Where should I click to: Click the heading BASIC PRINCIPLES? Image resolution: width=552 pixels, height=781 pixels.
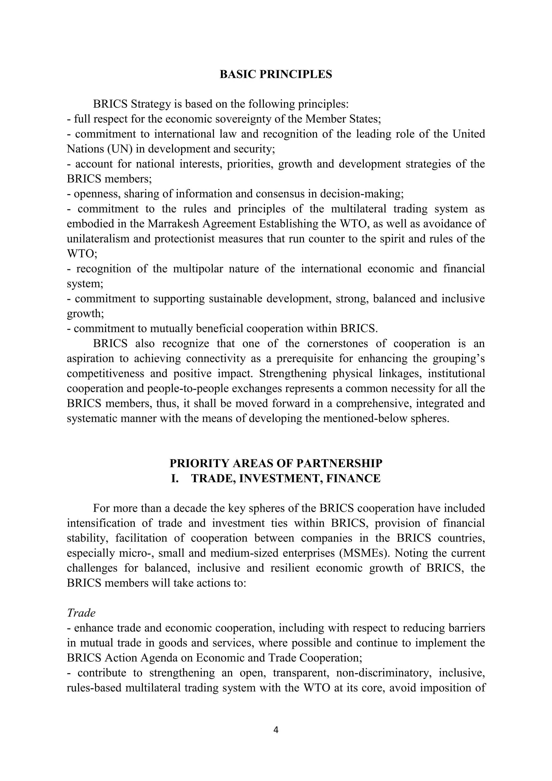click(x=276, y=74)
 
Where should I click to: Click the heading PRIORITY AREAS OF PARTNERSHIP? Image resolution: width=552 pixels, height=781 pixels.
click(x=276, y=463)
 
